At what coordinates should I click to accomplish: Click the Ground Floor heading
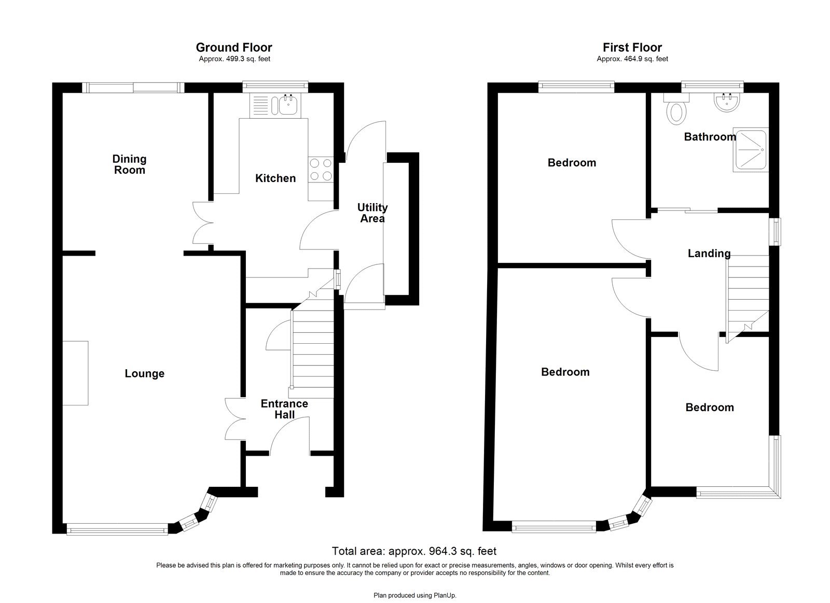coord(233,48)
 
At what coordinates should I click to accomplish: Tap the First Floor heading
coord(632,48)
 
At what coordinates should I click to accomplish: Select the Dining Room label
coord(129,164)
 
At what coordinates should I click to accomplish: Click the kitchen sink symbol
coord(288,106)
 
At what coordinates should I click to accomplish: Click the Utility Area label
coord(372,213)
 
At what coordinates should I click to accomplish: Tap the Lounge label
coord(144,373)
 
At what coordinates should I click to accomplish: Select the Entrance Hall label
coord(284,409)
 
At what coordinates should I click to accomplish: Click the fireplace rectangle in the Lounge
coord(75,373)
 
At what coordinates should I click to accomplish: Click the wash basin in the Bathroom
coord(726,103)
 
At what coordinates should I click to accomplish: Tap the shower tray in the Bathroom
coord(750,150)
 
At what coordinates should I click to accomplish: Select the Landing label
coord(709,254)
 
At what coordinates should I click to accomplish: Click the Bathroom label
coord(709,137)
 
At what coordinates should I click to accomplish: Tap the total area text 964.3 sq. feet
coord(413,551)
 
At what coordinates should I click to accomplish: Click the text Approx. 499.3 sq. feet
coord(234,59)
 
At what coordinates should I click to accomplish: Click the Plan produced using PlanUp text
coord(414,596)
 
